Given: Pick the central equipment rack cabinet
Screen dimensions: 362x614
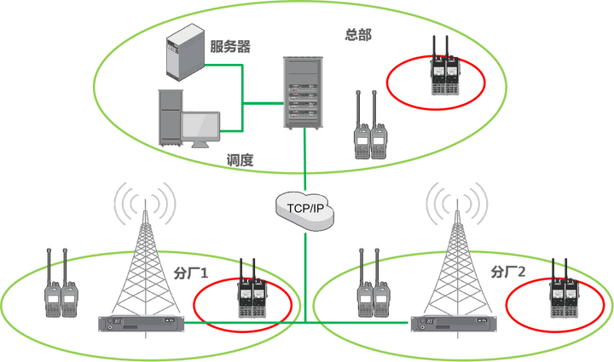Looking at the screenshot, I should pos(305,93).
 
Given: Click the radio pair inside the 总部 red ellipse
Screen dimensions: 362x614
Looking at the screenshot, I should pos(442,68).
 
